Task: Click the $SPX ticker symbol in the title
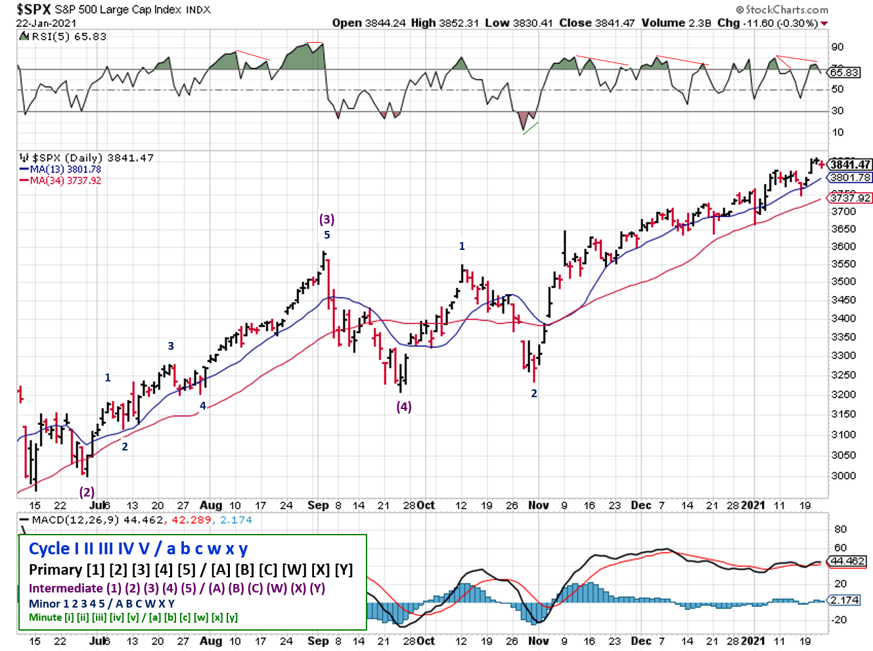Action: [33, 9]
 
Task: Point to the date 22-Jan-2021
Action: [46, 23]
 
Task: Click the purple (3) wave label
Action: [326, 219]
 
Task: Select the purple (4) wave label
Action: [403, 406]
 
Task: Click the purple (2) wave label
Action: [87, 491]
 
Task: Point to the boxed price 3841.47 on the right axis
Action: [850, 164]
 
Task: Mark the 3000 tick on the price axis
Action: [843, 475]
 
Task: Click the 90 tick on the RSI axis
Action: [838, 47]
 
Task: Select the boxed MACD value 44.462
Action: [847, 561]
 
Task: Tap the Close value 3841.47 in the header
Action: [596, 23]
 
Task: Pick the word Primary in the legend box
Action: [56, 569]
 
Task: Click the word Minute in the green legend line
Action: [45, 617]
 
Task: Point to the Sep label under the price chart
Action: [318, 505]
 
